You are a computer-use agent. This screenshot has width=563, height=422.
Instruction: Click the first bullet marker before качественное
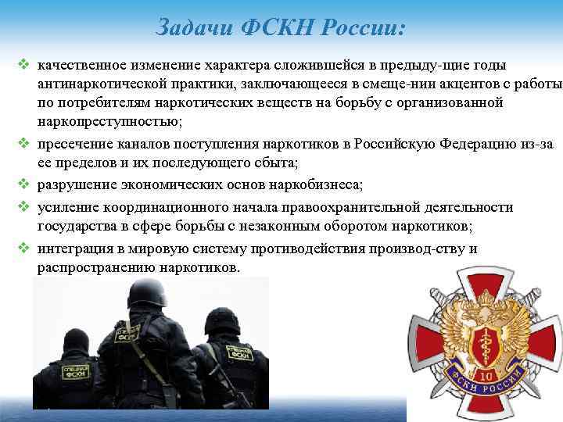(x=23, y=64)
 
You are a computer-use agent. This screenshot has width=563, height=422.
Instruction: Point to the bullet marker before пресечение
(x=23, y=145)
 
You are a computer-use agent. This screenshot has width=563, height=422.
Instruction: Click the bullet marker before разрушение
(x=23, y=186)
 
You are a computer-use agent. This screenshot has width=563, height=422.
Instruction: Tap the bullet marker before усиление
(x=23, y=207)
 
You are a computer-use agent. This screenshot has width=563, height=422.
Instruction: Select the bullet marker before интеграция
(x=23, y=249)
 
